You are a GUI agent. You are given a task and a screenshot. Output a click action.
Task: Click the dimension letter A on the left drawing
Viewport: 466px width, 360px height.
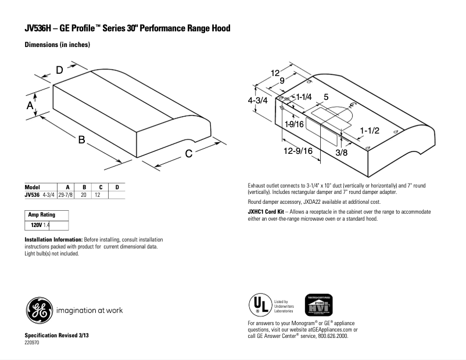coord(30,105)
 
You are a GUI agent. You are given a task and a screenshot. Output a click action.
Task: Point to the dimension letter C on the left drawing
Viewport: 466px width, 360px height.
coord(189,153)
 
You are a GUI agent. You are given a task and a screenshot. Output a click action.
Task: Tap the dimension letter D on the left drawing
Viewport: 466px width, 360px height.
coord(60,70)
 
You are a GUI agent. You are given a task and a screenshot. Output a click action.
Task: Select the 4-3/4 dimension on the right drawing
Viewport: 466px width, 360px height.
coord(257,100)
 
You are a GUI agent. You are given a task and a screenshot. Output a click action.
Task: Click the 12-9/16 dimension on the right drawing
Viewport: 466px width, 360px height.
coord(299,151)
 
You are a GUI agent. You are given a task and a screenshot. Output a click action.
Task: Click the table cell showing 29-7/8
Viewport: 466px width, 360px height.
coord(69,195)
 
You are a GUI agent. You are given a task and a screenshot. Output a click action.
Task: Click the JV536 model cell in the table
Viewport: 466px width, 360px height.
coord(32,195)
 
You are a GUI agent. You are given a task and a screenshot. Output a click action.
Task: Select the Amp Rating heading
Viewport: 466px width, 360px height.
coord(42,215)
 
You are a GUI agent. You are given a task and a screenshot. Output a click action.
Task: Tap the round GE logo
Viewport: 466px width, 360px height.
coord(38,309)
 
